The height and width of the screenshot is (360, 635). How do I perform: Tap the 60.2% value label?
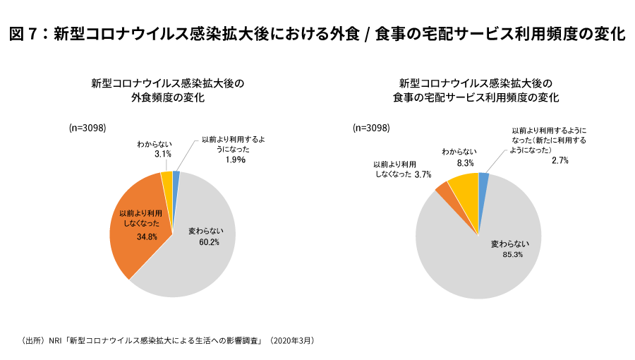pos(209,242)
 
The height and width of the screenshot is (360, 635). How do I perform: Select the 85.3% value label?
pos(512,255)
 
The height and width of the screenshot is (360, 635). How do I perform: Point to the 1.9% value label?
pos(235,160)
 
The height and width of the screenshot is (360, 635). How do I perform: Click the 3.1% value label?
pos(163,154)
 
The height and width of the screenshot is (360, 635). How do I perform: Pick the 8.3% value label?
pos(466,162)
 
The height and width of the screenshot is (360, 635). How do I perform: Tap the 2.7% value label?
pos(560,161)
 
